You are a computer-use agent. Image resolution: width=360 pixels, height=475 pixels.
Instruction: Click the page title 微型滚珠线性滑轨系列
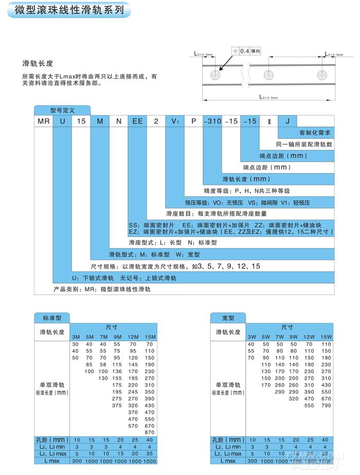69,10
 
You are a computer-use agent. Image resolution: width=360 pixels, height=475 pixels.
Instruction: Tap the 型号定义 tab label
62,110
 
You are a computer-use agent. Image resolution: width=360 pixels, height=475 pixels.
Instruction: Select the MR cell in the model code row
44,121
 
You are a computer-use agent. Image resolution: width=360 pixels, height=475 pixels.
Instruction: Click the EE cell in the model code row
137,121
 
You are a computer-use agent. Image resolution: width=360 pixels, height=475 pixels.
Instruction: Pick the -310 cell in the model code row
212,121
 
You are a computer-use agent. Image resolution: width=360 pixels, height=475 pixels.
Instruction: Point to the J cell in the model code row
287,121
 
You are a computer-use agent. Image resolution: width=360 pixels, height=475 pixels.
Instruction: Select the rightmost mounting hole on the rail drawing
322,76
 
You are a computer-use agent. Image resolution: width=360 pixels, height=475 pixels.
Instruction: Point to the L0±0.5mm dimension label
267,97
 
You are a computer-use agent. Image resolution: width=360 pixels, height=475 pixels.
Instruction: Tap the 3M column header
76,337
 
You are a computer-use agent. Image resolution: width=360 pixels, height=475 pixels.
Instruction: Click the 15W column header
327,337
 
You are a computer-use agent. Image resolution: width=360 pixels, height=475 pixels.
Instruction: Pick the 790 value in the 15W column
327,405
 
